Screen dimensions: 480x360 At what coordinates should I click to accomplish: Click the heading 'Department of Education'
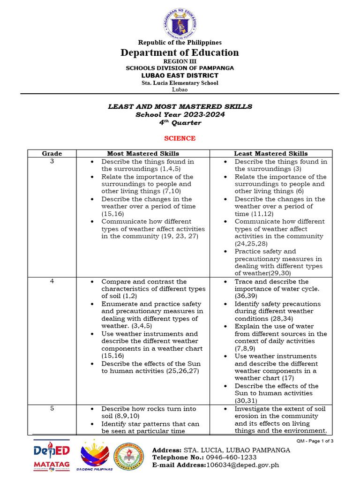(x=180, y=52)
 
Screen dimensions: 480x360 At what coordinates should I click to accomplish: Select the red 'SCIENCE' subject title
(x=180, y=138)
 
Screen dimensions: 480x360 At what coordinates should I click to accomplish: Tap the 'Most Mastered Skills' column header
(x=143, y=153)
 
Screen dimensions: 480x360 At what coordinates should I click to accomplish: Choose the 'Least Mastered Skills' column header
(x=271, y=153)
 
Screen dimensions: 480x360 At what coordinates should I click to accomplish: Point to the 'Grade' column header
(x=52, y=153)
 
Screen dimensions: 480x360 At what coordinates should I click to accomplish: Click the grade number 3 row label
(x=52, y=161)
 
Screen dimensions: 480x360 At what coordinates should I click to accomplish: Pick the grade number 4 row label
(x=52, y=281)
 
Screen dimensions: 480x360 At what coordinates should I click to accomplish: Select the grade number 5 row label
(x=52, y=408)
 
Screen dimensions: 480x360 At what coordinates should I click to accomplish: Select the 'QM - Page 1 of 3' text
(x=315, y=442)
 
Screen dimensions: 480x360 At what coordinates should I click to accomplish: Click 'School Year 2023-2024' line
(x=180, y=114)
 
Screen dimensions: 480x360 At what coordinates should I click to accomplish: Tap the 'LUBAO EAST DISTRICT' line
(x=180, y=75)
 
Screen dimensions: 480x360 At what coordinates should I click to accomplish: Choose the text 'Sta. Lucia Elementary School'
(x=180, y=83)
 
